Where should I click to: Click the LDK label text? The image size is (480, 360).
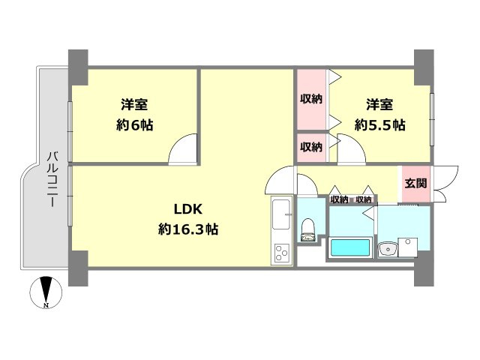(187, 209)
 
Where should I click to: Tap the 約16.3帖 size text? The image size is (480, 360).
(187, 229)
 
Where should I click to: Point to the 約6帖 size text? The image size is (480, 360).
(135, 125)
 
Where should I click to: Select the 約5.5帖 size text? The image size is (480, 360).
(379, 125)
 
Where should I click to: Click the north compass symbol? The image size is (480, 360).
(47, 292)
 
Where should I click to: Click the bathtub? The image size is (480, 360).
(349, 248)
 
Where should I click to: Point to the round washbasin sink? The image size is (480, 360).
(388, 250)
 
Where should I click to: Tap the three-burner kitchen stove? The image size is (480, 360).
(281, 254)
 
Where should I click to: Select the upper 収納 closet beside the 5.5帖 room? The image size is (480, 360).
(311, 99)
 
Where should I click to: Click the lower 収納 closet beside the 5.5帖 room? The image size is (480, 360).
(311, 146)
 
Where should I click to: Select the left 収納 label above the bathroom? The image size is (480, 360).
(339, 199)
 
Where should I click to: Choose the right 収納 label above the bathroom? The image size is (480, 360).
(364, 199)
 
